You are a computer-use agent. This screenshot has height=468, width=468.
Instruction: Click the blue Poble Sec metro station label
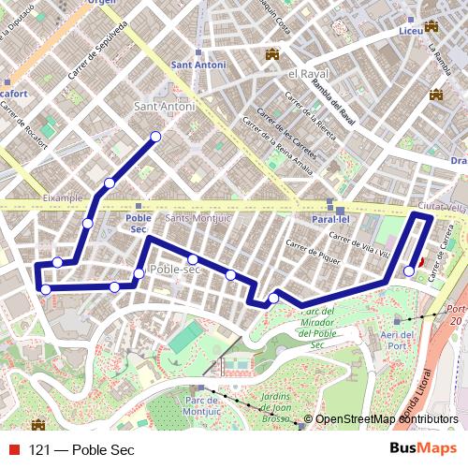pyautogui.click(x=139, y=223)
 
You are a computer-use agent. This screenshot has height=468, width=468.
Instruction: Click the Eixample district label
pyautogui.click(x=62, y=198)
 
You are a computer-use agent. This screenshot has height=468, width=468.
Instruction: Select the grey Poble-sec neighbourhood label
pyautogui.click(x=175, y=269)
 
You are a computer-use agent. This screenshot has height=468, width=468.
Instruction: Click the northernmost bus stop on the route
pyautogui.click(x=155, y=138)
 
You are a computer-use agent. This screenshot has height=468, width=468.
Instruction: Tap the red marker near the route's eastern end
pyautogui.click(x=420, y=263)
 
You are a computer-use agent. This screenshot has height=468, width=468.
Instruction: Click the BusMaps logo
pyautogui.click(x=423, y=449)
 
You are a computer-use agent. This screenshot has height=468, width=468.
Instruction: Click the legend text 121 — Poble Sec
pyautogui.click(x=82, y=450)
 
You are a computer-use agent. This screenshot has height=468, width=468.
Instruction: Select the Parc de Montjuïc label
pyautogui.click(x=203, y=404)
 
